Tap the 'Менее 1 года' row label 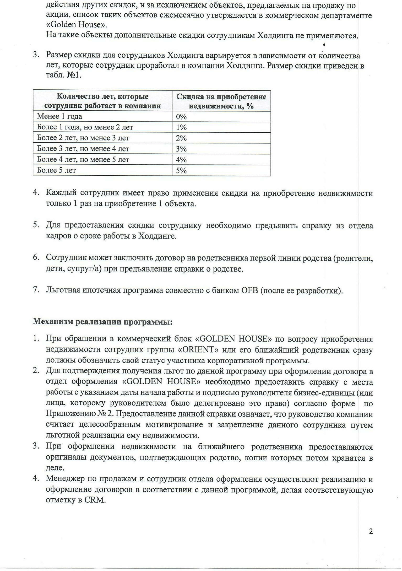coord(59,116)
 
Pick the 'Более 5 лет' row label coord(56,170)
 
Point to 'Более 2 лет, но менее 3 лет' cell coord(83,138)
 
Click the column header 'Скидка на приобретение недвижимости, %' coord(221,101)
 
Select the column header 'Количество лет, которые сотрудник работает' coord(102,101)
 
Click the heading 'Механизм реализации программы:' coord(102,322)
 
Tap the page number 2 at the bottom coord(371,531)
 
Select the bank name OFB coord(248,290)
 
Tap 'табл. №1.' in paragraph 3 coord(64,76)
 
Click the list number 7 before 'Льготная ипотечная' coord(36,290)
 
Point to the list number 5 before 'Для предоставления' coord(36,225)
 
